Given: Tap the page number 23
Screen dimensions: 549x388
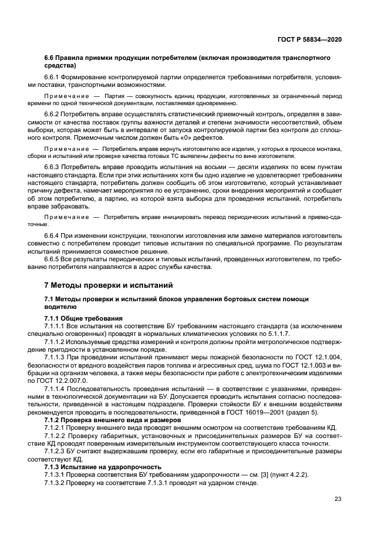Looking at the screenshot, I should tap(338, 500).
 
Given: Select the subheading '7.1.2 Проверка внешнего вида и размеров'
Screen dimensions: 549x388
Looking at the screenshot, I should tap(108, 421).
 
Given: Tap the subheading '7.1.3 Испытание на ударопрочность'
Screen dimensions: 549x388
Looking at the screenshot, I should tap(103, 467).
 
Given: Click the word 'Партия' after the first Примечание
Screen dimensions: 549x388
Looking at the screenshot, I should tap(114, 95).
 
